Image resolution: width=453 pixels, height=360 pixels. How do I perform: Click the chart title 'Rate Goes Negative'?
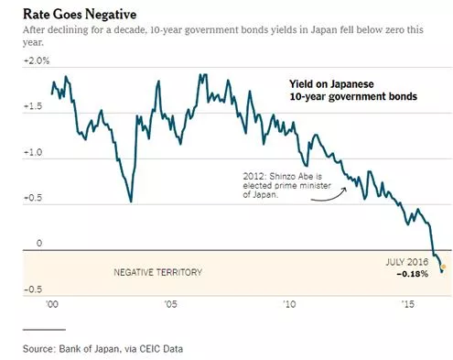coord(80,15)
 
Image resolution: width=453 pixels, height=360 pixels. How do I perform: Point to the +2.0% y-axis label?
coord(37,61)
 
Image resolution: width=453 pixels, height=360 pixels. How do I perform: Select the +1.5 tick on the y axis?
coord(33,106)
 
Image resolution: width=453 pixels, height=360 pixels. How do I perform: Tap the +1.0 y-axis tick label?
coord(33,152)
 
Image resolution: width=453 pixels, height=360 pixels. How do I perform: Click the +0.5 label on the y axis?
coord(33,198)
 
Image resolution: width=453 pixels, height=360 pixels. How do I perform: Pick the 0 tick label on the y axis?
coord(39,244)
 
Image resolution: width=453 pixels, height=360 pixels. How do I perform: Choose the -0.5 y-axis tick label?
coord(33,289)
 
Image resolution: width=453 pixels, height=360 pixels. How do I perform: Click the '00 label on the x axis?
coord(52,304)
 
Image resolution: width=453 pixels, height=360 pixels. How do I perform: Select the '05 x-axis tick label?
coord(170,304)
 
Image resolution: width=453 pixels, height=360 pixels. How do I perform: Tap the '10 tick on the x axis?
coord(289,304)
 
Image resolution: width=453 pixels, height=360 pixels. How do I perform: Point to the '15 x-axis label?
coord(408,304)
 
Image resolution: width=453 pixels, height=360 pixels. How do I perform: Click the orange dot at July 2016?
coord(444,267)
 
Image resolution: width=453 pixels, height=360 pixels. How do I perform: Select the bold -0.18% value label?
coord(413,274)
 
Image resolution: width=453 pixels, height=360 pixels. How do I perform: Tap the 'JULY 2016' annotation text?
coord(407,262)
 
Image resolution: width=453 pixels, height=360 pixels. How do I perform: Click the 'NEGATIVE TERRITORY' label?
coord(157,272)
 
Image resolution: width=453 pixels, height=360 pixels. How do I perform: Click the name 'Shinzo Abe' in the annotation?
coord(291,177)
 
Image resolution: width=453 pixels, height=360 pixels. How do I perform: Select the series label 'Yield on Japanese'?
coord(331,84)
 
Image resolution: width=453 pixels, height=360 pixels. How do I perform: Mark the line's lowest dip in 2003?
coord(131,202)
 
